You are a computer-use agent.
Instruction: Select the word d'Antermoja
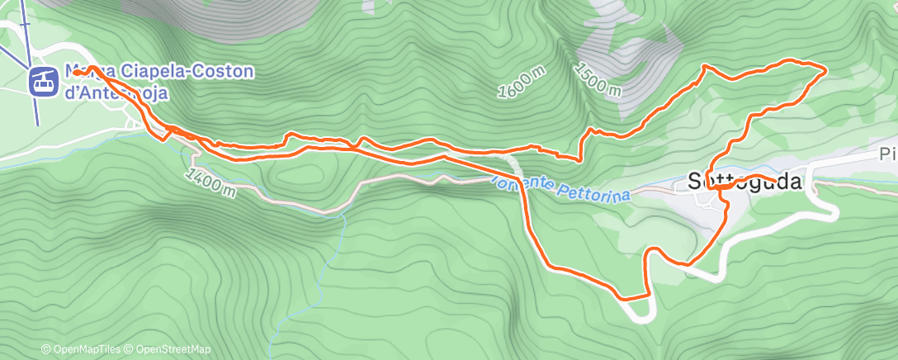(x=116, y=92)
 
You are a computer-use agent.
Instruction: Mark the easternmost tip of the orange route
(x=826, y=70)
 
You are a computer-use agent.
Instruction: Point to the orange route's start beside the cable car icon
(x=75, y=72)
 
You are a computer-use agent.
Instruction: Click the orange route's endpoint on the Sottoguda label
(x=776, y=180)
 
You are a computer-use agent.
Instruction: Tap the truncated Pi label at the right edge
(x=887, y=155)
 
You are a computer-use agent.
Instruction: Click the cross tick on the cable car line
(x=25, y=23)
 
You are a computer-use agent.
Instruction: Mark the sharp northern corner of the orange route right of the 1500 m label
(x=704, y=64)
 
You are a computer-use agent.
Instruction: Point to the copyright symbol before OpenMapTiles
(x=46, y=349)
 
